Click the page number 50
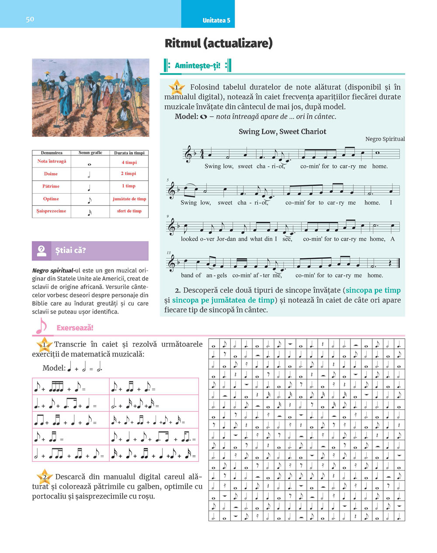[30, 19]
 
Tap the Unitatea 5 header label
[216, 20]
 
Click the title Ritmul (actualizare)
[218, 43]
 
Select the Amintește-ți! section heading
[197, 66]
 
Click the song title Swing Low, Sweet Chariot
[282, 131]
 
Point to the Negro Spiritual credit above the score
[385, 139]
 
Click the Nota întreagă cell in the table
[52, 161]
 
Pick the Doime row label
[51, 174]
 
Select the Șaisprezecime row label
[51, 211]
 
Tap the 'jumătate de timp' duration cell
[129, 199]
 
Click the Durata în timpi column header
[129, 153]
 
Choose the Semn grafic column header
[90, 153]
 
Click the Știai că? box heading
[70, 250]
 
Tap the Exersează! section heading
[75, 328]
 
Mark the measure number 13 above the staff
[168, 253]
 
